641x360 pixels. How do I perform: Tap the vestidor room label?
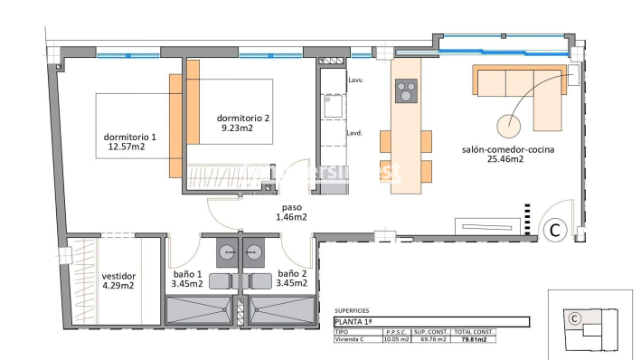(x=118, y=275)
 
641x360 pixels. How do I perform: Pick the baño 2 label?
(x=292, y=273)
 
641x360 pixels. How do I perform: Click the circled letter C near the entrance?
(x=555, y=232)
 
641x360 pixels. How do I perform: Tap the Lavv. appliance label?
(x=355, y=81)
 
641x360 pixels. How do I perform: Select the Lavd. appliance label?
(x=355, y=133)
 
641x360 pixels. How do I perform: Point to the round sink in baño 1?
(x=223, y=251)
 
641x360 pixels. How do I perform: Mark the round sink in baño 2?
(x=255, y=251)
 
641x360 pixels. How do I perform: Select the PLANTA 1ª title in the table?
(x=353, y=321)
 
